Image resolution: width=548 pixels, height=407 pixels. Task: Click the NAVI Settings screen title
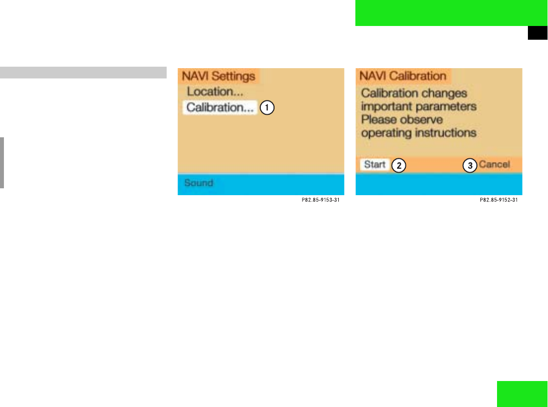pyautogui.click(x=219, y=76)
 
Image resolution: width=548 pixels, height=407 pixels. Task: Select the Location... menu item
pyautogui.click(x=215, y=92)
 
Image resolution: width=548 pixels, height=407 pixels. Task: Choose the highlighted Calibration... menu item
pyautogui.click(x=220, y=107)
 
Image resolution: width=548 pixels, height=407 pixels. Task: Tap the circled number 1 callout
pyautogui.click(x=267, y=108)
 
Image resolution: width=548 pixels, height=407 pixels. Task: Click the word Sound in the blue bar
pyautogui.click(x=199, y=183)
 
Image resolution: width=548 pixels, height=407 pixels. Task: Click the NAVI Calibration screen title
pyautogui.click(x=402, y=76)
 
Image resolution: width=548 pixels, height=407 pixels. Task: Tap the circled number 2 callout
pyautogui.click(x=399, y=166)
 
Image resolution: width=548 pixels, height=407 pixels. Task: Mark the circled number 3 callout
pyautogui.click(x=470, y=166)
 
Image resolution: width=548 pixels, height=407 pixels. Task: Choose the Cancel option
pyautogui.click(x=494, y=165)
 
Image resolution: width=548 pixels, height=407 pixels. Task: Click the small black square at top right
pyautogui.click(x=537, y=33)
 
